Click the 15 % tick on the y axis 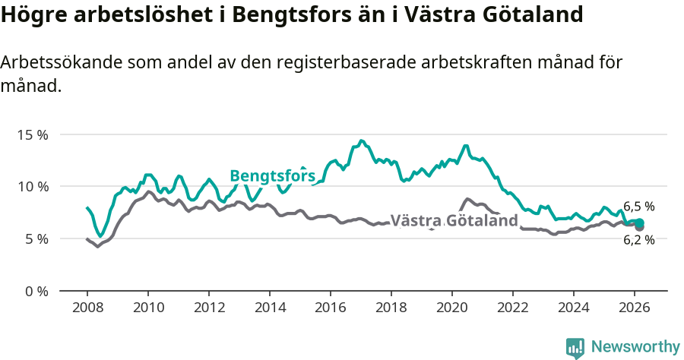point(32,134)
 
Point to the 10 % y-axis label point(32,187)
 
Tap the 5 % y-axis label point(35,239)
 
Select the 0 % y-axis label point(35,292)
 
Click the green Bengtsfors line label point(272,176)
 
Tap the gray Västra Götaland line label point(454,221)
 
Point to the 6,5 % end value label point(638,207)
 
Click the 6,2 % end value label point(638,240)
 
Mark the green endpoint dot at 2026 point(640,223)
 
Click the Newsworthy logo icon point(575,347)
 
